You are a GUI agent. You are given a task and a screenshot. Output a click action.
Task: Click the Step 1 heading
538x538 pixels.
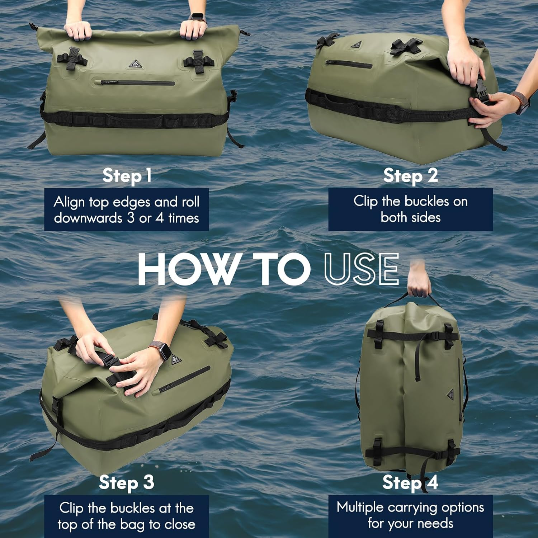(x=127, y=176)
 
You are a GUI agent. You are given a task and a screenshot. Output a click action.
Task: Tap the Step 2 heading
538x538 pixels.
(x=410, y=176)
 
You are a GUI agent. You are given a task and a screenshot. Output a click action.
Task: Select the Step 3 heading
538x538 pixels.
(x=127, y=482)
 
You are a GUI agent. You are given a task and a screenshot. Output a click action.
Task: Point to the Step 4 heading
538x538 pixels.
(x=410, y=482)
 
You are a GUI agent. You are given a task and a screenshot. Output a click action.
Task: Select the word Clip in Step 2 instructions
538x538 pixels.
(x=365, y=201)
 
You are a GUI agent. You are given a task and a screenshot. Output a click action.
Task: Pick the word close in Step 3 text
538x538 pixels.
(x=180, y=524)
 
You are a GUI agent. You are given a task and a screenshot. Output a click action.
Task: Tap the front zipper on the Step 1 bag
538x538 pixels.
(x=137, y=83)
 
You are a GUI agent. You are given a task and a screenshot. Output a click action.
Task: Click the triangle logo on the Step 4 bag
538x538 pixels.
(x=451, y=395)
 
